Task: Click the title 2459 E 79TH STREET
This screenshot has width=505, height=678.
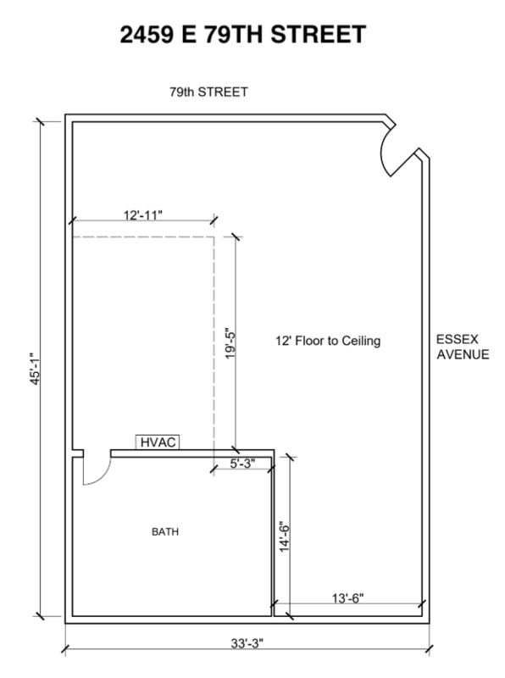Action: click(x=243, y=35)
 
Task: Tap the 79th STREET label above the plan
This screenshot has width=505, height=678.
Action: click(x=208, y=92)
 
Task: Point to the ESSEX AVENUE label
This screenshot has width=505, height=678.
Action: click(x=463, y=347)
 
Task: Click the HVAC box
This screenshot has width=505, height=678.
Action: click(x=158, y=442)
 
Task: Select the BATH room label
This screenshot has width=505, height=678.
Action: click(x=165, y=532)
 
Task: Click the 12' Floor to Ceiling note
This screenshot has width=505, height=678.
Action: click(x=328, y=341)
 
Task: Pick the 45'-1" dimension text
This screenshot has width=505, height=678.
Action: click(x=35, y=369)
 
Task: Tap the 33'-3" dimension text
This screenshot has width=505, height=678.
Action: click(x=247, y=643)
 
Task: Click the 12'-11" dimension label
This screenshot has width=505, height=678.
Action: click(x=143, y=215)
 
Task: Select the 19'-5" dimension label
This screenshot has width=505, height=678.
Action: click(x=230, y=343)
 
